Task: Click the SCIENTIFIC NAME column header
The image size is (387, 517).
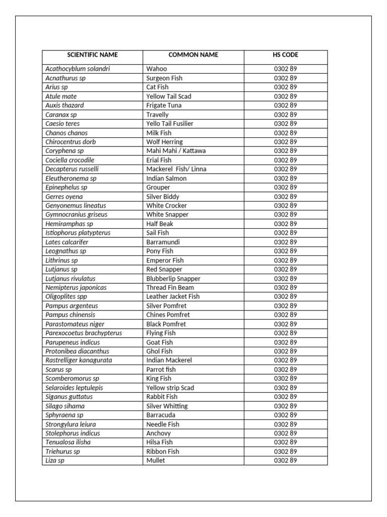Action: coord(92,55)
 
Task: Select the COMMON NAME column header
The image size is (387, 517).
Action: coord(193,55)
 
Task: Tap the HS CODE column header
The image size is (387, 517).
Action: coord(285,55)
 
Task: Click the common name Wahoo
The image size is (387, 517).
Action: coord(156,69)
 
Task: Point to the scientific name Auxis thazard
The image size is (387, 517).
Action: coord(64,106)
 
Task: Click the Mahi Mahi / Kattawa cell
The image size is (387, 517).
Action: coord(176,151)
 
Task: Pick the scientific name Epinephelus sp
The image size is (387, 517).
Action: coord(66,187)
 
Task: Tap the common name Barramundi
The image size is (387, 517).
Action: coord(163,242)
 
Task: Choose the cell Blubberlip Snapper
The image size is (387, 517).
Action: coord(173,279)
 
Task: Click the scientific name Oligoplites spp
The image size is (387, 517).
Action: coord(66,297)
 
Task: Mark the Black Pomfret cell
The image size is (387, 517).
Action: coord(166,324)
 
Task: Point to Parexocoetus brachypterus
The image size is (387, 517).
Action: coord(84,333)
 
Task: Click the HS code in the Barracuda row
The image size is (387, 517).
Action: coord(285,415)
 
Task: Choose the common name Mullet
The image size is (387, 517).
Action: coord(155,460)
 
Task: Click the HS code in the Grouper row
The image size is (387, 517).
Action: coord(285,187)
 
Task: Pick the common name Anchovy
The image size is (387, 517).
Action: coord(158,433)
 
